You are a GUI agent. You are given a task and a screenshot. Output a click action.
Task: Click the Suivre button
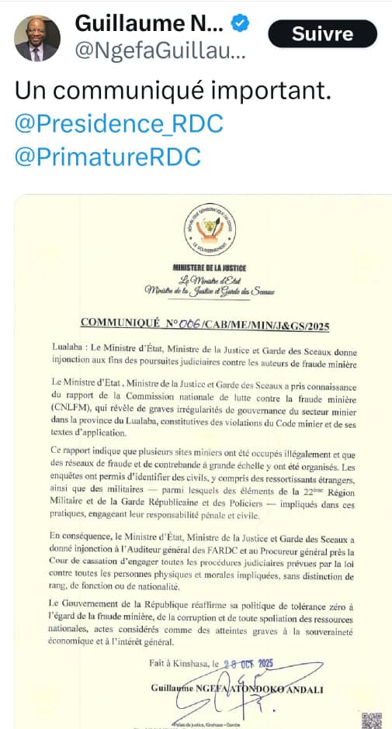coord(322,34)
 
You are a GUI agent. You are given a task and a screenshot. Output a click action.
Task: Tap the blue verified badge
coord(241,23)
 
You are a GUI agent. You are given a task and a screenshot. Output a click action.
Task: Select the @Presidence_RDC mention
coord(119,123)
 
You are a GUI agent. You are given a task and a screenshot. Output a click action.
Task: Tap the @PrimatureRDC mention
coord(108,157)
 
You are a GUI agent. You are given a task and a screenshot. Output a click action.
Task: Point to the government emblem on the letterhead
coord(206,230)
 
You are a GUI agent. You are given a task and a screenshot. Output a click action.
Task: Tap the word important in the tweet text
coord(270,90)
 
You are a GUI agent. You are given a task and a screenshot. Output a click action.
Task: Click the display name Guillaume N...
coord(149,23)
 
